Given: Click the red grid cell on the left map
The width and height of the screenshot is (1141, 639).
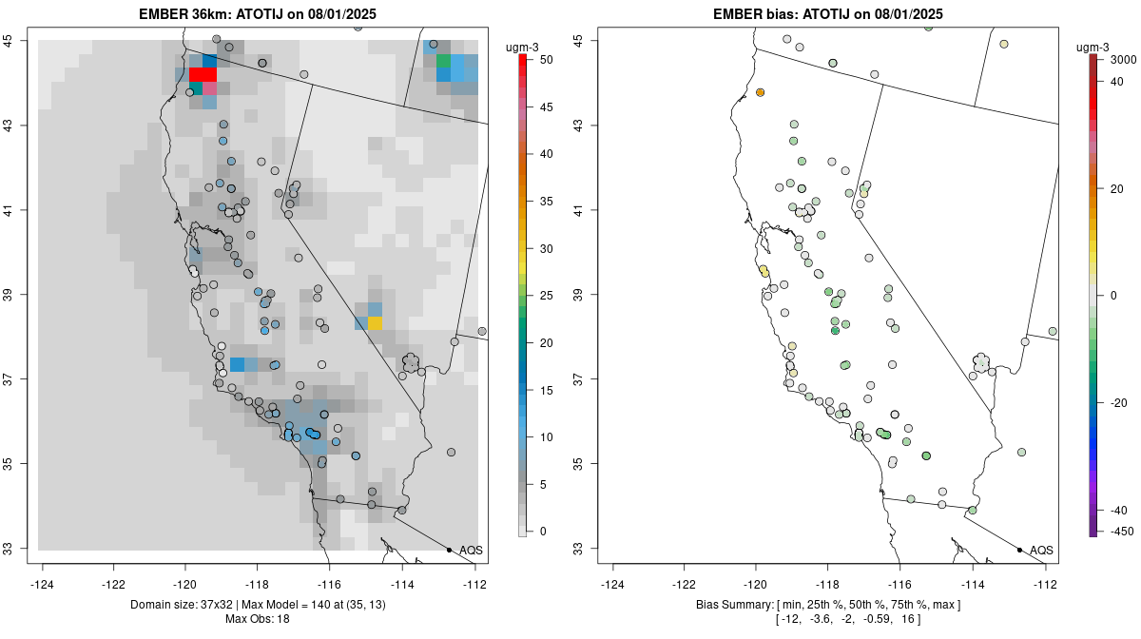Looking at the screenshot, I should pos(203,74).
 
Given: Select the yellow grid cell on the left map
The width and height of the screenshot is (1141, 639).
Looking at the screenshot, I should pos(375,323).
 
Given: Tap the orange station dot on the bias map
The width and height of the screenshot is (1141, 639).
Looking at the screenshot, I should pos(761,92).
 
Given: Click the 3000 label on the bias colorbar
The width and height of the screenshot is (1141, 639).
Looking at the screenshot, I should pos(1124,60).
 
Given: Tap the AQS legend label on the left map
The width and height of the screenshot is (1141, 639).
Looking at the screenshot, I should pos(471,550).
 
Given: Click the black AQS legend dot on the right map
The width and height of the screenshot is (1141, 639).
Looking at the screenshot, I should pos(1019,550).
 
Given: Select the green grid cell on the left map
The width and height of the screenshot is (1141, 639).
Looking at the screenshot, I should pos(443,62).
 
